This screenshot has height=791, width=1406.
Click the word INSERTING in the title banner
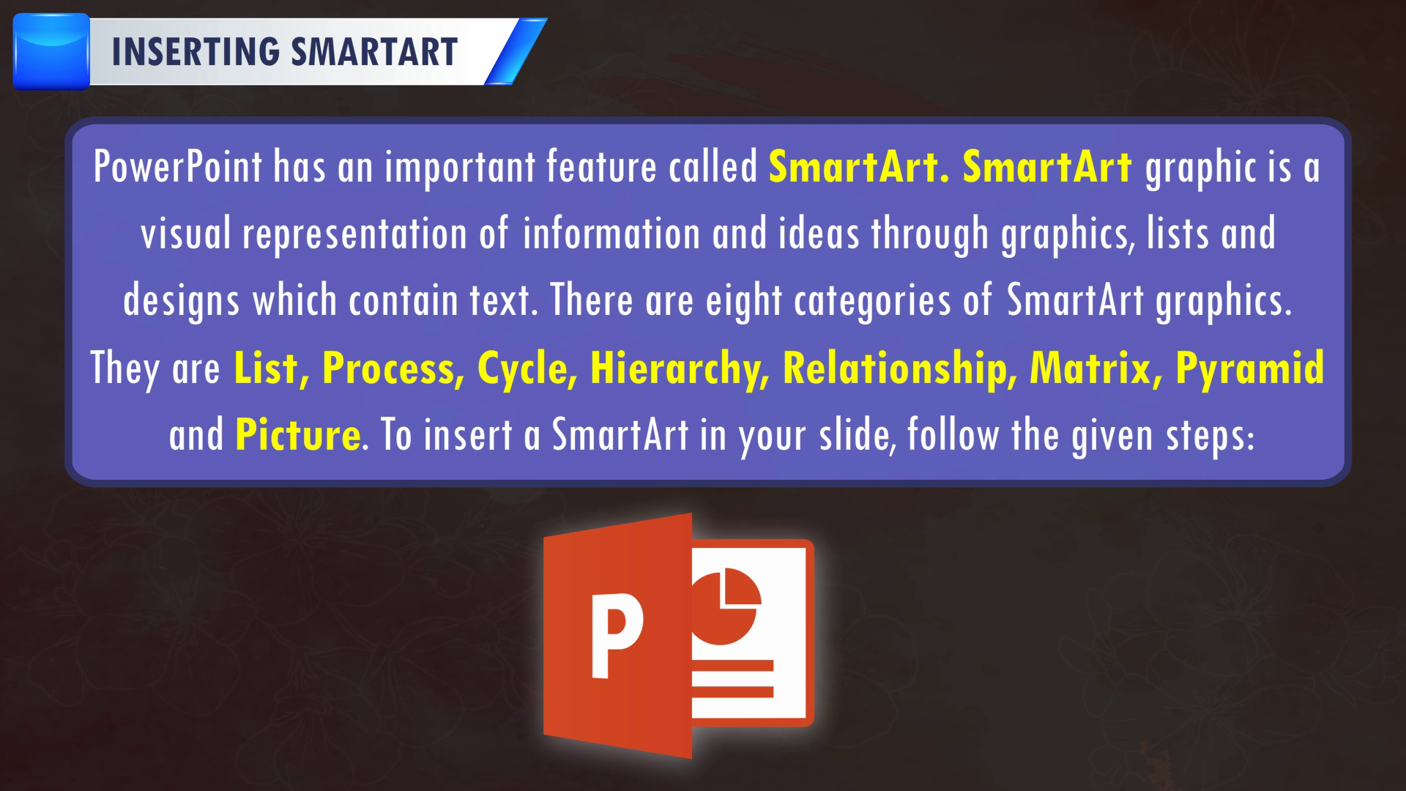pyautogui.click(x=195, y=52)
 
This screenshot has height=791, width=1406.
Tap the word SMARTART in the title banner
pyautogui.click(x=373, y=52)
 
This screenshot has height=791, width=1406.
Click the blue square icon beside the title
pyautogui.click(x=51, y=51)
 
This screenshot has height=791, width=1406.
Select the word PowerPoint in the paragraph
pyautogui.click(x=177, y=167)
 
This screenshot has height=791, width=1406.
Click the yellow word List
pyautogui.click(x=266, y=368)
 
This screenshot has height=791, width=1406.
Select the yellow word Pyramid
pyautogui.click(x=1249, y=368)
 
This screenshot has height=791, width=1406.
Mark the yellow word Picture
pyautogui.click(x=297, y=435)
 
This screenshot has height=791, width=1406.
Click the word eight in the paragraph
pyautogui.click(x=743, y=301)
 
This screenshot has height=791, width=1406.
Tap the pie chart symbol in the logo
pyautogui.click(x=726, y=607)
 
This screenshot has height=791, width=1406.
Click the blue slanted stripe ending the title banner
pyautogui.click(x=516, y=51)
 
